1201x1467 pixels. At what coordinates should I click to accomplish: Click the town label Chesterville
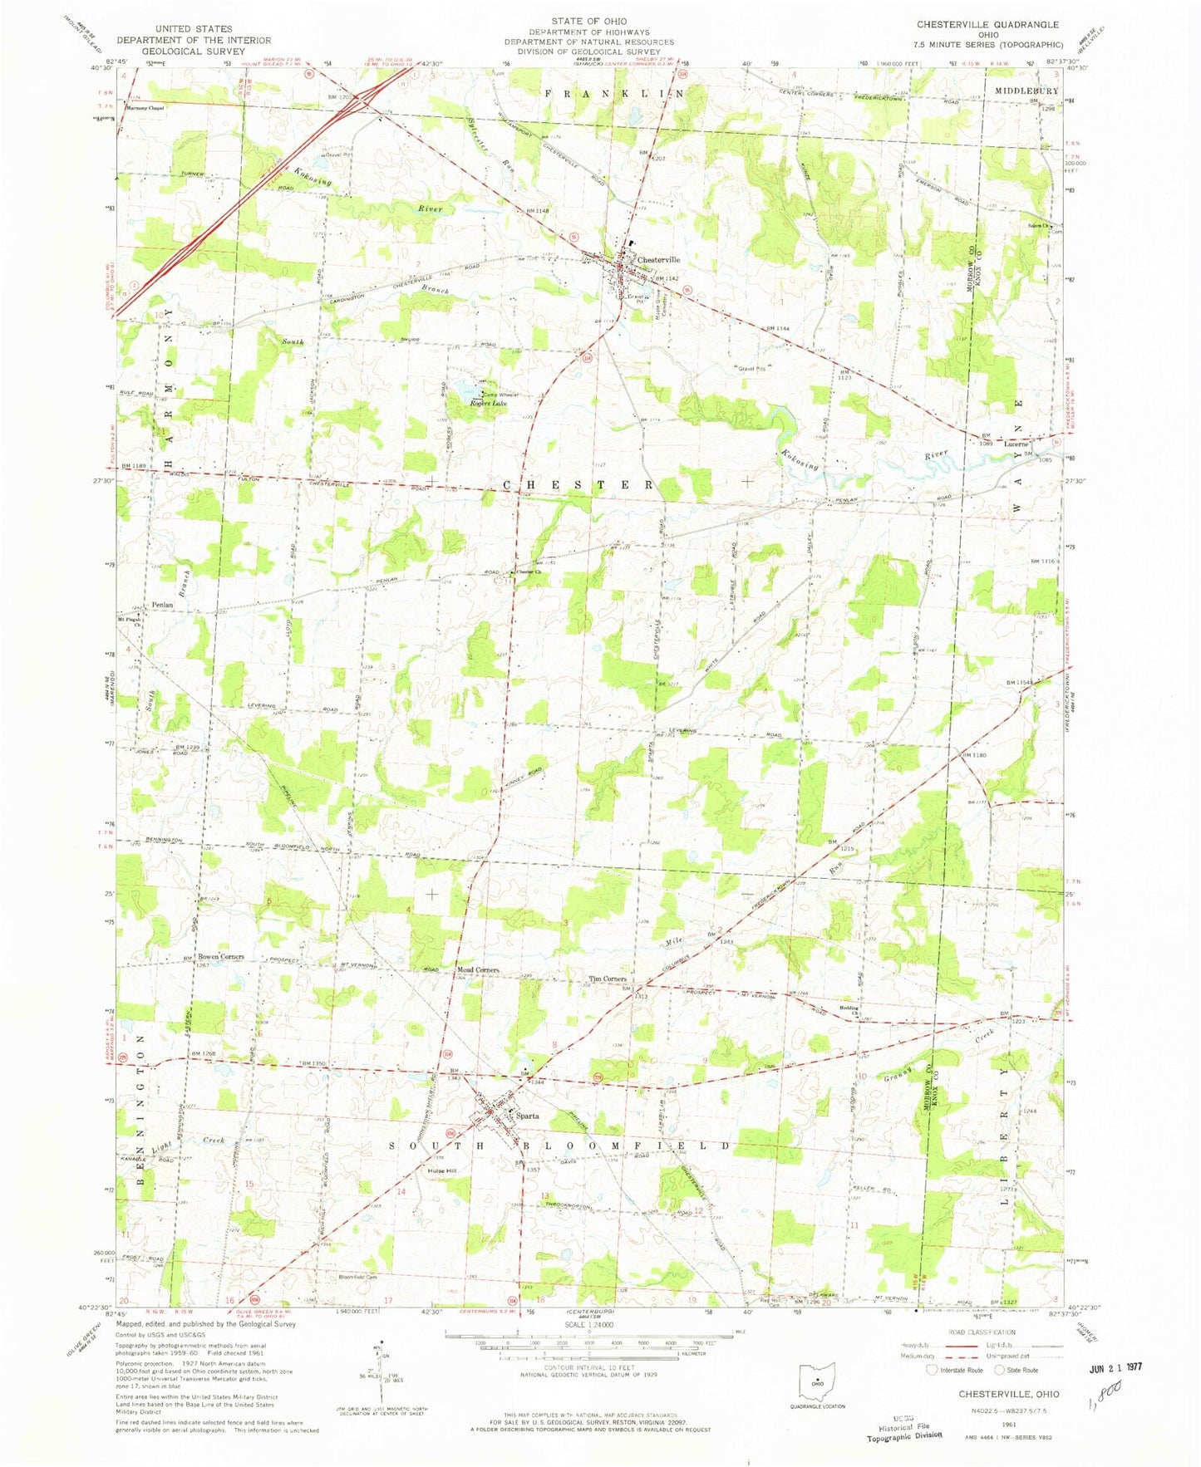coord(657,259)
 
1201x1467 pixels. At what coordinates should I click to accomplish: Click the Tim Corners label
coord(607,979)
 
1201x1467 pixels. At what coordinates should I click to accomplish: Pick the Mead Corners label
coord(478,969)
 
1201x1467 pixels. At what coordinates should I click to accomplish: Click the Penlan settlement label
coord(162,605)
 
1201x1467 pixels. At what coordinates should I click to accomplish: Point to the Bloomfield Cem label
coord(357,1276)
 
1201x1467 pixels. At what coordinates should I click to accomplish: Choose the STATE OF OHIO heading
coord(588,21)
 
